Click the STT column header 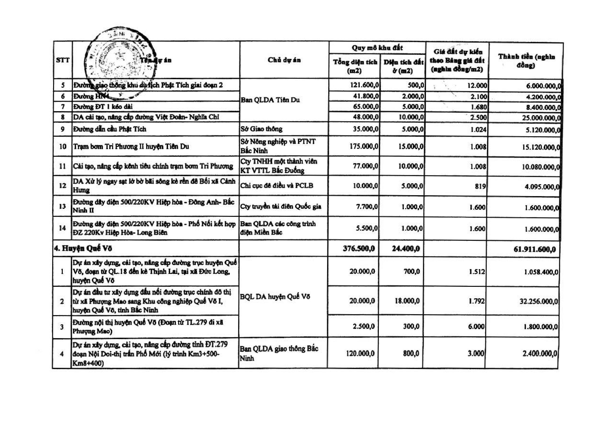(63, 60)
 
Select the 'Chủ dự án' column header (284, 60)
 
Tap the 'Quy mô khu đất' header (377, 48)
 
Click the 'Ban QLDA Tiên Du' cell (270, 100)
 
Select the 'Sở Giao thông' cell (261, 129)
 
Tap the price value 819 (480, 186)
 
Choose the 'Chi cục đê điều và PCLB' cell (276, 186)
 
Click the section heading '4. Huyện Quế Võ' (83, 248)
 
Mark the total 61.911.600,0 (534, 249)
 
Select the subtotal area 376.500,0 (359, 249)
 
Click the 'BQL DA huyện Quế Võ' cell (275, 297)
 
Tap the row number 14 (62, 228)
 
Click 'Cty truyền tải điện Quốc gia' (281, 206)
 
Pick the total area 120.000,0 (360, 354)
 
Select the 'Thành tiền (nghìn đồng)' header (526, 61)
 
